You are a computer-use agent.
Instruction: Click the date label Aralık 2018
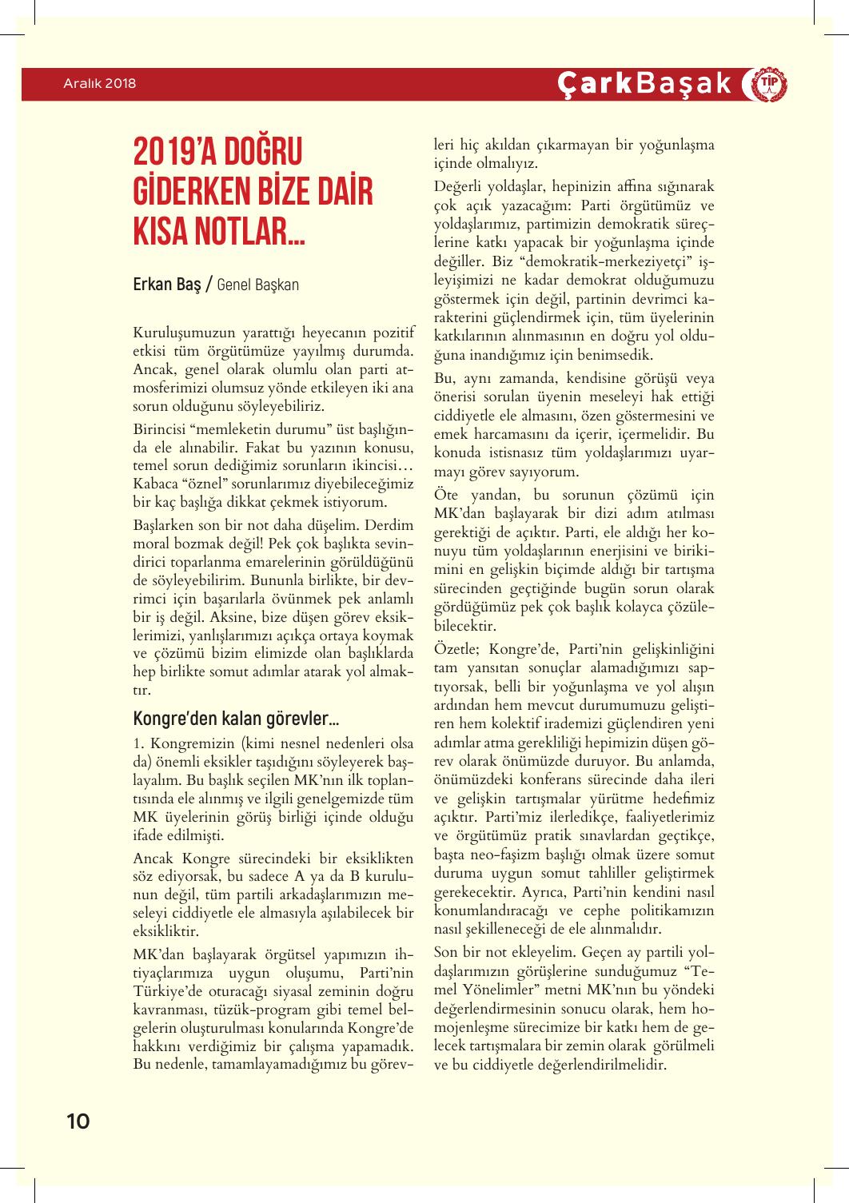click(x=100, y=83)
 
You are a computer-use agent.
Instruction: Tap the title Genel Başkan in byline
click(x=257, y=285)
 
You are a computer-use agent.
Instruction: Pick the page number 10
click(x=78, y=1121)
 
